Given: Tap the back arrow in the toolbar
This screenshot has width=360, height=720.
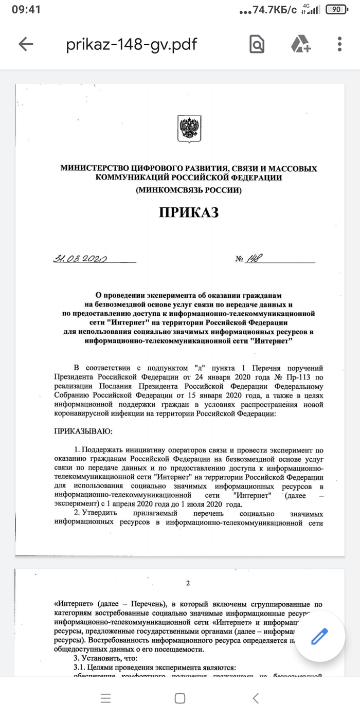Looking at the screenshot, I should [x=25, y=44].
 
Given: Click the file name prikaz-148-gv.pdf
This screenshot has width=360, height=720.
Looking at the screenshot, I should [x=131, y=44].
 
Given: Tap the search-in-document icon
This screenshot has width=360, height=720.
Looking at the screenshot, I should [x=257, y=44].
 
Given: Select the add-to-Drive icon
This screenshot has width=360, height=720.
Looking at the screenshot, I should [x=300, y=44].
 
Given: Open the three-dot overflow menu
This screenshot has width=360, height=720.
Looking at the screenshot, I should [x=340, y=44].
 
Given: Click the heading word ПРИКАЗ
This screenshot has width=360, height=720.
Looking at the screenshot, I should [x=189, y=212].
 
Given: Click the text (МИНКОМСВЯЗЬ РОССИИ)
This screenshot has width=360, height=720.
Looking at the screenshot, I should [x=189, y=190].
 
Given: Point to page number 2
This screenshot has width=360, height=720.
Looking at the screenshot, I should [x=188, y=583].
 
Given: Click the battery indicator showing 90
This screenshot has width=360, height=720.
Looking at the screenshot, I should [x=337, y=9].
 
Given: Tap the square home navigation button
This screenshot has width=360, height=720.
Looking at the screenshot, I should [x=180, y=698].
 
